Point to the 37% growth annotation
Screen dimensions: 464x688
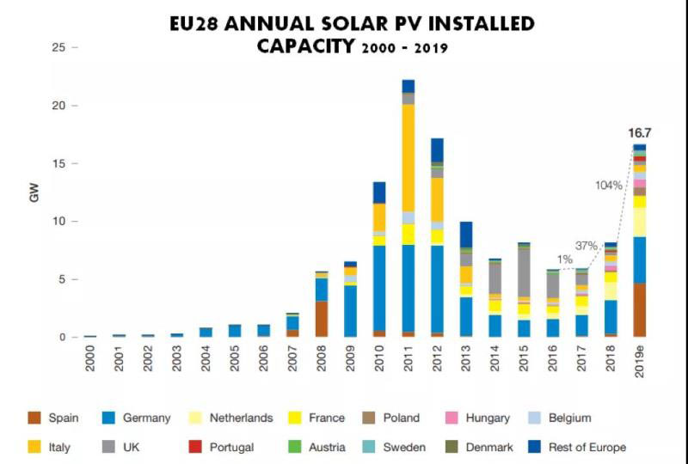pyautogui.click(x=587, y=246)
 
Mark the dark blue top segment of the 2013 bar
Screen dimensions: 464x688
pyautogui.click(x=466, y=235)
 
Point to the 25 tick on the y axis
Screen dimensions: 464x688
pyautogui.click(x=59, y=47)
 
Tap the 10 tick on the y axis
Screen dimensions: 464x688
pyautogui.click(x=59, y=222)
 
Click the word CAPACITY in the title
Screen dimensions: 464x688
pyautogui.click(x=305, y=46)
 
